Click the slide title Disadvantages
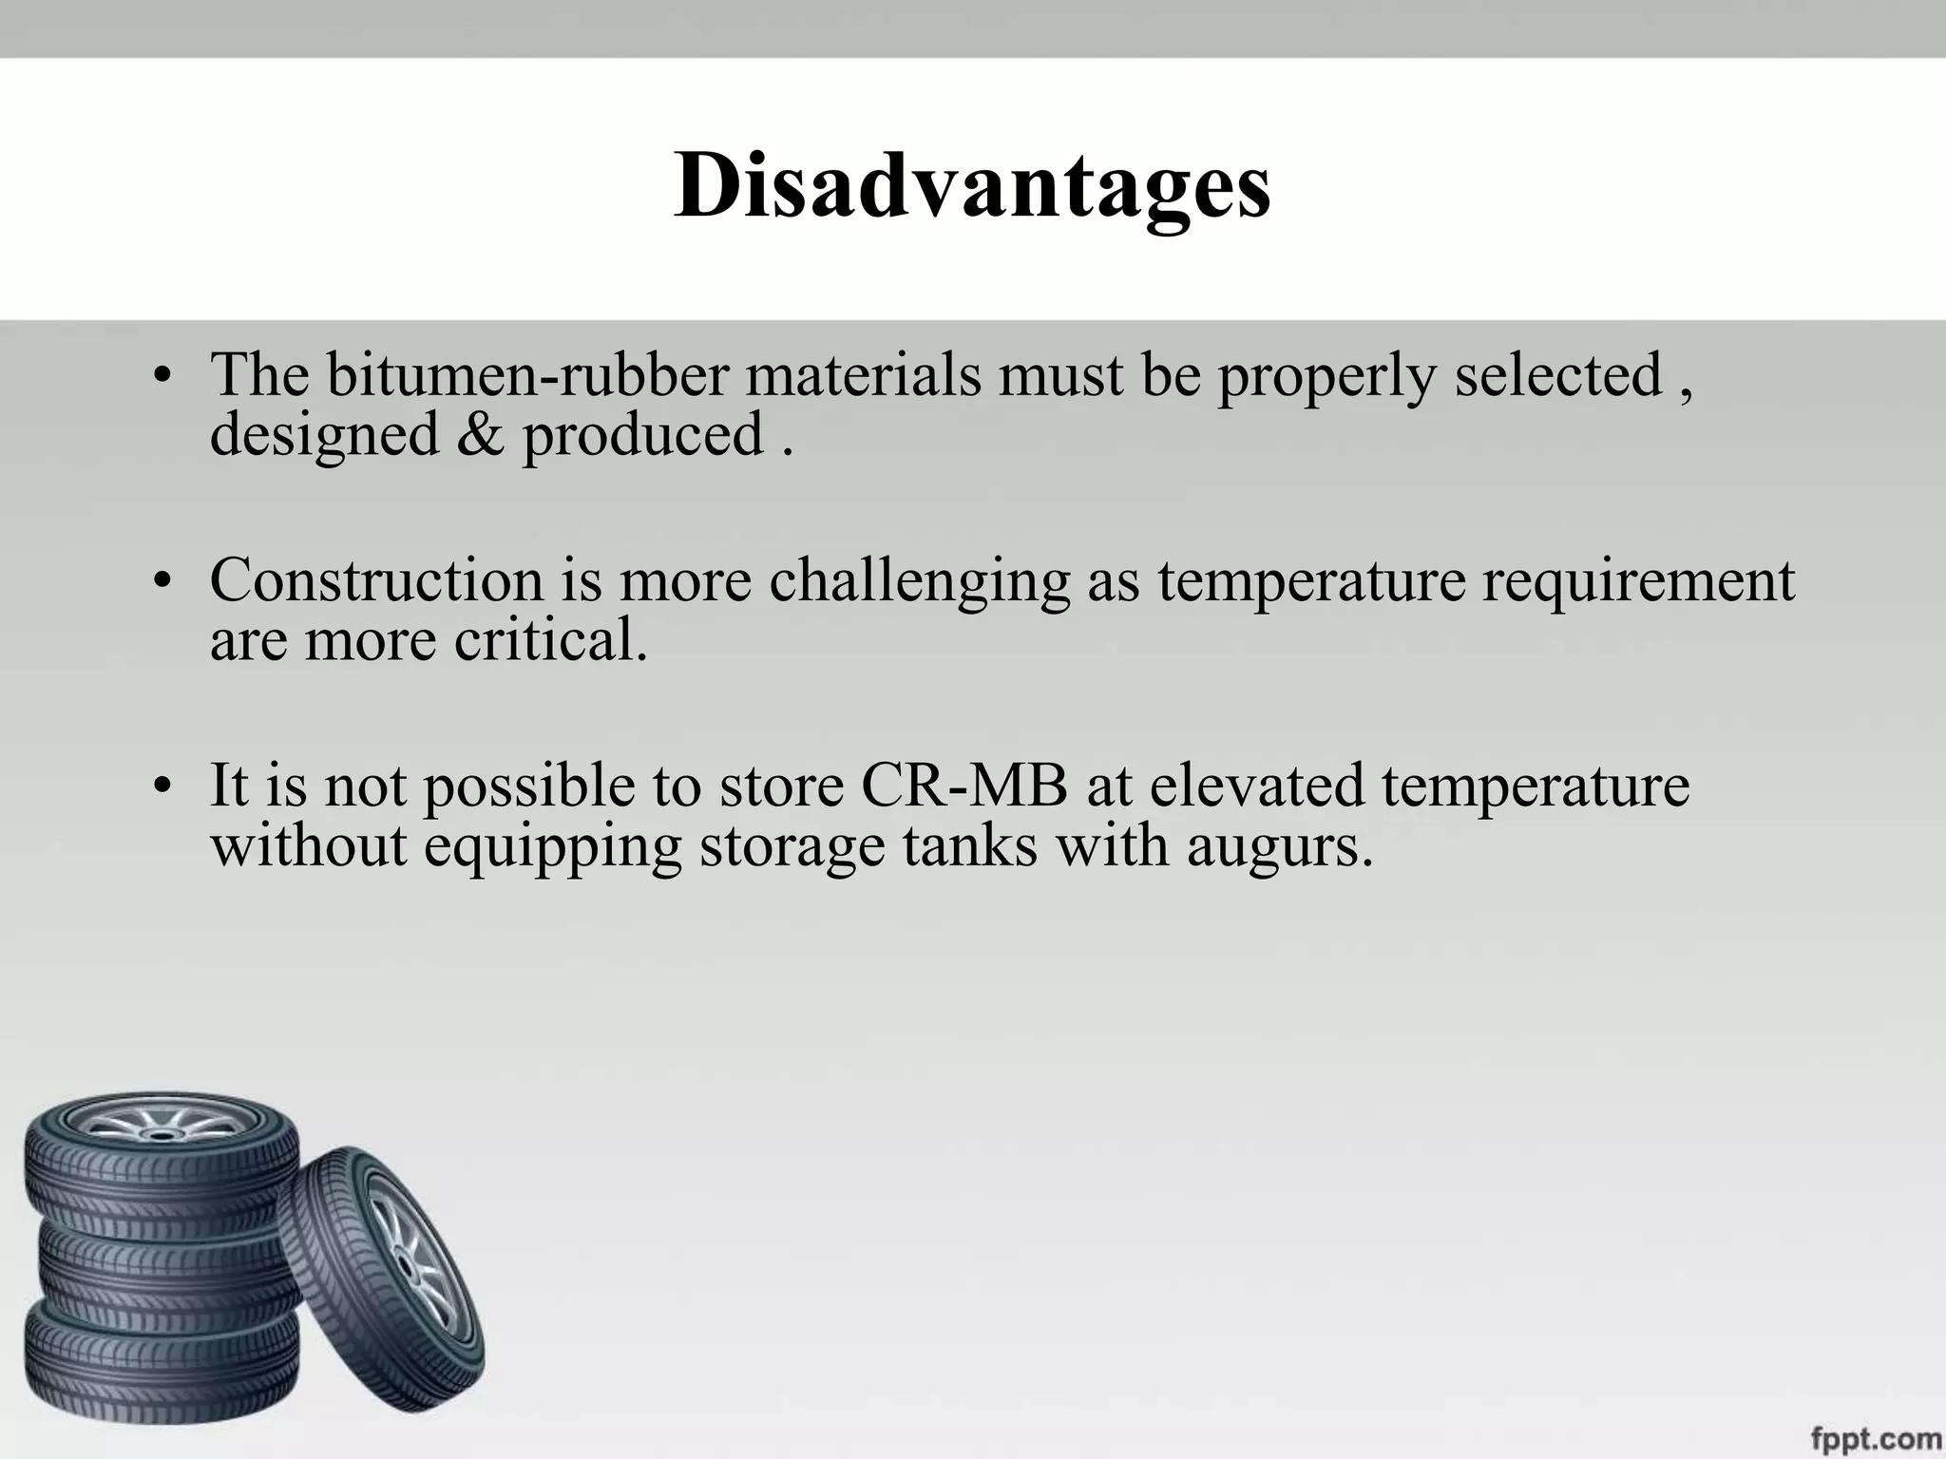point(972,187)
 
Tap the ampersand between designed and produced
point(480,435)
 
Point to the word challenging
point(919,581)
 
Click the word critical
point(550,639)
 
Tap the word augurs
point(1279,846)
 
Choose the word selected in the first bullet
point(1558,374)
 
